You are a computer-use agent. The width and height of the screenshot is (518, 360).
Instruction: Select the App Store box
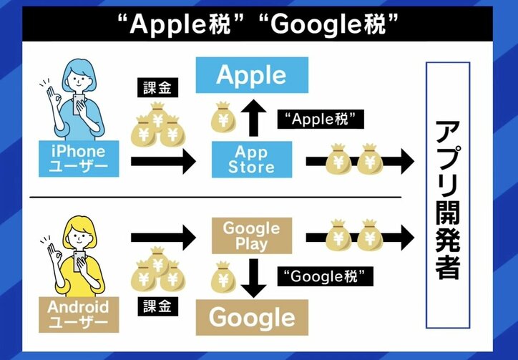pos(251,159)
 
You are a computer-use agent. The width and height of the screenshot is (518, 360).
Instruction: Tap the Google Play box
pos(251,235)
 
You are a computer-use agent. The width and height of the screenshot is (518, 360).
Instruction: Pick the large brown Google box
pos(251,317)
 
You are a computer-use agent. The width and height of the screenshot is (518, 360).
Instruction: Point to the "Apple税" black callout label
pos(321,119)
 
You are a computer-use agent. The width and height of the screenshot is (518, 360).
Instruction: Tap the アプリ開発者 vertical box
pos(448,195)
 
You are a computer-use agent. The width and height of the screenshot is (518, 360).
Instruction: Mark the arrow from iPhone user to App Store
pos(162,161)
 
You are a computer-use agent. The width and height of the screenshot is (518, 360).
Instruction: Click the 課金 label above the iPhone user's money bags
pos(156,88)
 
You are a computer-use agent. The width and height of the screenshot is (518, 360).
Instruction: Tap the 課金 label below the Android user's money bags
pos(156,307)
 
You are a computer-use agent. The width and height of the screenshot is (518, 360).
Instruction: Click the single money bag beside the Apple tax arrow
pos(223,118)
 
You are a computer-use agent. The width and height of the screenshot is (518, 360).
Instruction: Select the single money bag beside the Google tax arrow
pos(223,277)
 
